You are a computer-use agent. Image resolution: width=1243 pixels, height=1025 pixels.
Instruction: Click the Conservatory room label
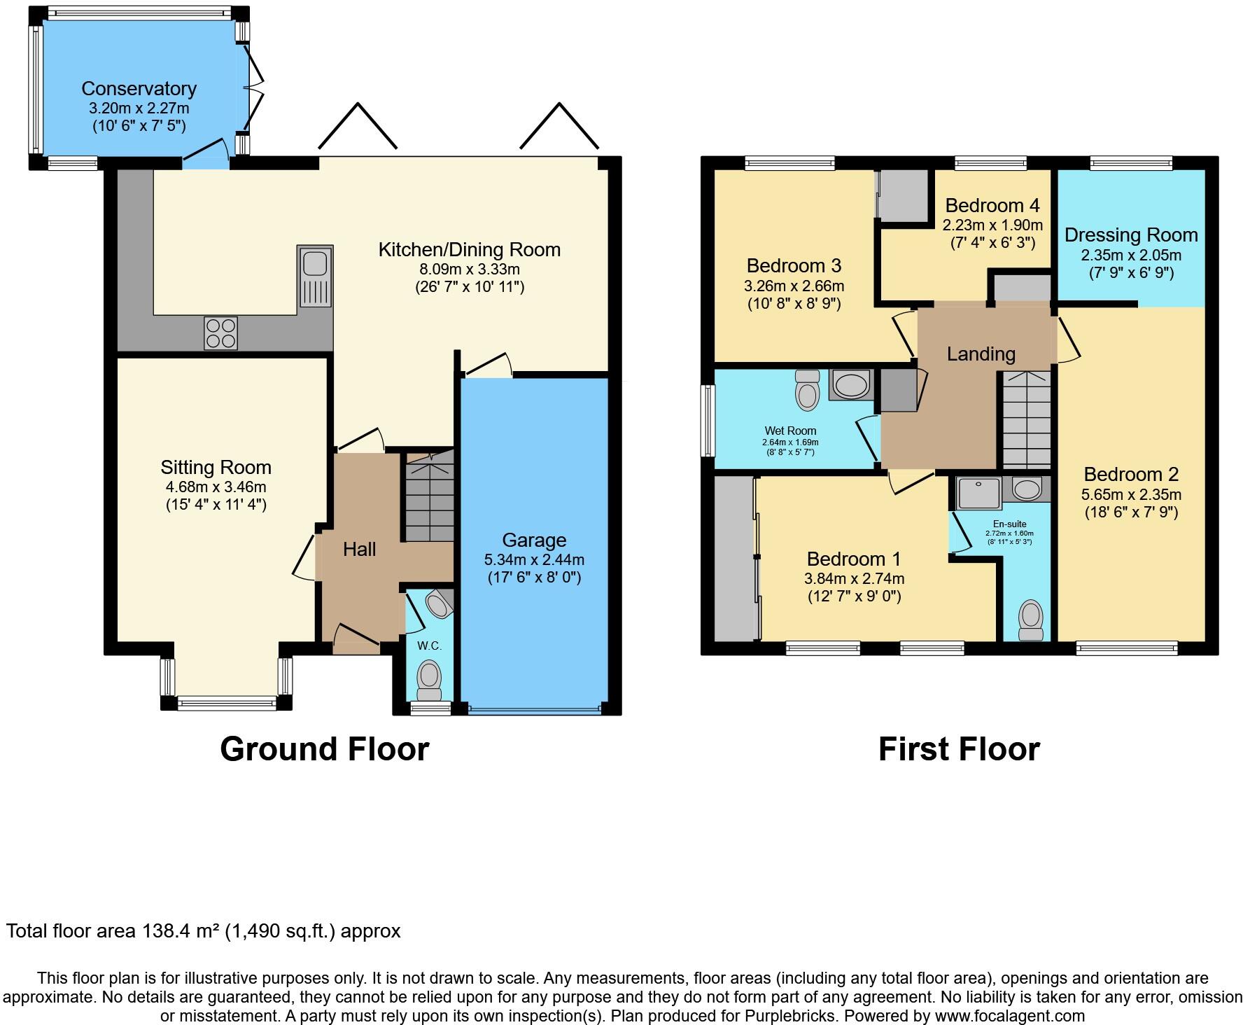[x=139, y=89]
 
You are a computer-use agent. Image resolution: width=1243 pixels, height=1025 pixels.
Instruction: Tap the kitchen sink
[x=315, y=276]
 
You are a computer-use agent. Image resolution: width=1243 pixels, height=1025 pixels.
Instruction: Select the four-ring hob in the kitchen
[x=220, y=333]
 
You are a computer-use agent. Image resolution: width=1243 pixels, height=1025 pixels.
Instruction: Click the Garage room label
[x=534, y=541]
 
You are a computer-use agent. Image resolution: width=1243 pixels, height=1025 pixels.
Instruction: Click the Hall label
[x=359, y=550]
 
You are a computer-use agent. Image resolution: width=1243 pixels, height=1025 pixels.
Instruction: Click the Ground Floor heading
[x=324, y=749]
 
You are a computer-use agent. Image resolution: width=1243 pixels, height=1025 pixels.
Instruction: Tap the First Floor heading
[x=959, y=749]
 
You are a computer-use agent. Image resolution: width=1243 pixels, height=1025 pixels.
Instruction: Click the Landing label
[x=981, y=354]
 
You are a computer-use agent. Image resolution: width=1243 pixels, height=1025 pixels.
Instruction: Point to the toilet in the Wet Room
[x=807, y=391]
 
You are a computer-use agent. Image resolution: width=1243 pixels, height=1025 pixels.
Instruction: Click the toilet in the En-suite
[x=1030, y=620]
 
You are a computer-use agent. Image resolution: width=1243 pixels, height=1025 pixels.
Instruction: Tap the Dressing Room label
[x=1131, y=235]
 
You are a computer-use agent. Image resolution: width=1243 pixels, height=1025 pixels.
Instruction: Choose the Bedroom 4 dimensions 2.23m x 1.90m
[x=992, y=225]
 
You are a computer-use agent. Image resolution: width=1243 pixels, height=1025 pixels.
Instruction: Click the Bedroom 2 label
[x=1131, y=475]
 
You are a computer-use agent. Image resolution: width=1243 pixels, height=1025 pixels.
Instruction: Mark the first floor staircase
[x=1027, y=420]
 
